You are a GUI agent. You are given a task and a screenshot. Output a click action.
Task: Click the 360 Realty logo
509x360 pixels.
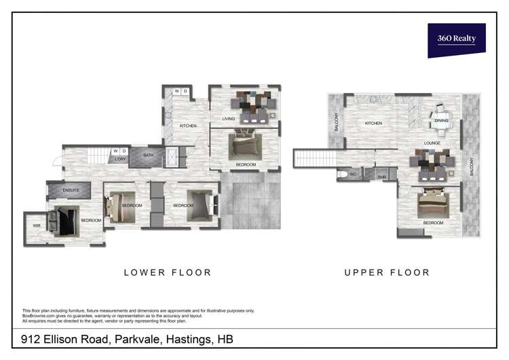coord(456,39)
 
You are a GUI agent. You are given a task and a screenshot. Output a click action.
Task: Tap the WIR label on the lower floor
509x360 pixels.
coord(35,226)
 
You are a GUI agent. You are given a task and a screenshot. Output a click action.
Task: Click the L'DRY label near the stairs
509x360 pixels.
coord(119,160)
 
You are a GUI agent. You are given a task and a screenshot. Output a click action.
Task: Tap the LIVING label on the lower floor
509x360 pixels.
coord(229,120)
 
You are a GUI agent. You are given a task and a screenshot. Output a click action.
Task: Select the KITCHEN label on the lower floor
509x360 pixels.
coord(188,126)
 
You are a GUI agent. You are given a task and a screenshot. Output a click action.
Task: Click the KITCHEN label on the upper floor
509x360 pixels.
coord(373,123)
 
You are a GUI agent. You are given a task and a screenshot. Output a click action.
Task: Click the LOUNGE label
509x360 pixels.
coord(432,143)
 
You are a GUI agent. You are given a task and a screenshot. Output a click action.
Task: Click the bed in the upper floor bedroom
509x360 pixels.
coord(433,202)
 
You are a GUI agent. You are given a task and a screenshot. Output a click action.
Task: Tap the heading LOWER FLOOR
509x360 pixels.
coord(167,272)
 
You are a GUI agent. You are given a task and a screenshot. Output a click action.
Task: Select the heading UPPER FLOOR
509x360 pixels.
coord(387,272)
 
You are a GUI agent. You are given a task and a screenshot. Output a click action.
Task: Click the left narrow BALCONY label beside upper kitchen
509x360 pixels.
coord(336,122)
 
